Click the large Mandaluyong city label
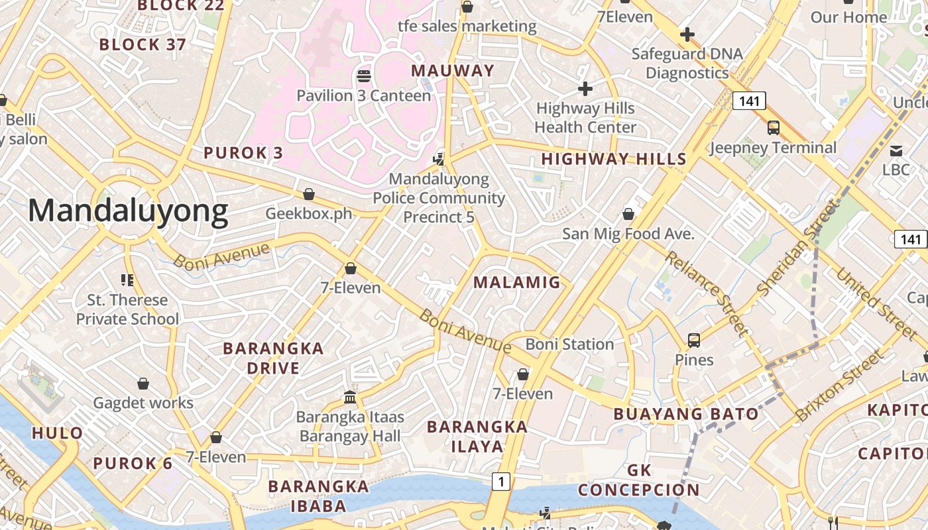tap(128, 211)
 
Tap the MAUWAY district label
tap(453, 71)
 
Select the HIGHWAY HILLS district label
tap(614, 159)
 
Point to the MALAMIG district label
tap(517, 282)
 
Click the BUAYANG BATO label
tap(685, 414)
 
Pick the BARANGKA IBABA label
tap(318, 496)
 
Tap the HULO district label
tap(58, 433)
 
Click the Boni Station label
tap(569, 344)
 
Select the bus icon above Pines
tap(694, 341)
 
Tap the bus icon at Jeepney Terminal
tap(774, 128)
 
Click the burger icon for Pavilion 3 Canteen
tap(363, 76)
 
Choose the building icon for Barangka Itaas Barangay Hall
tap(350, 397)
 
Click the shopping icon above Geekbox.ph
tap(308, 194)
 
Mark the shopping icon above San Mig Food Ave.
tap(628, 214)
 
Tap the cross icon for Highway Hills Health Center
tap(585, 88)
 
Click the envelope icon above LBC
tap(896, 150)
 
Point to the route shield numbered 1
tap(501, 482)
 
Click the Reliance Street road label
tap(707, 293)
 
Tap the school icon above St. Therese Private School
tap(127, 280)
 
